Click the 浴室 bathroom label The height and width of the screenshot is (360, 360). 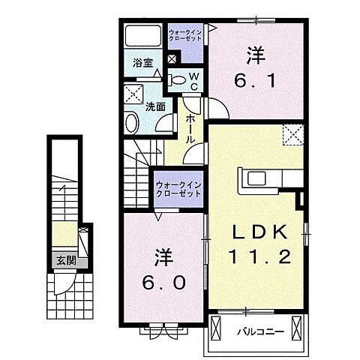142,63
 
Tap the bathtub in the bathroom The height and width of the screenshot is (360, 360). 143,36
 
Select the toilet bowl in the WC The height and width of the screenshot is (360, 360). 177,80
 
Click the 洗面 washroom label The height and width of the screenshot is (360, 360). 155,107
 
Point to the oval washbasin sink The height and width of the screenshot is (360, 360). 132,123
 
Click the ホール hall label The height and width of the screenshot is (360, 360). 190,129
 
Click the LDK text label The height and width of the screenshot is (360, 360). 259,232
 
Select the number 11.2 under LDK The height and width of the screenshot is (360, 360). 260,256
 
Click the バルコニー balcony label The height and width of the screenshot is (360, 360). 261,332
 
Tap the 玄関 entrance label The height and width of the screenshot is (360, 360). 66,261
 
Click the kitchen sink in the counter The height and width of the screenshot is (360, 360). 256,178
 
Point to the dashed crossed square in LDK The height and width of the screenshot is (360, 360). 293,135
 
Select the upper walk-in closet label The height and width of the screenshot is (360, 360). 185,35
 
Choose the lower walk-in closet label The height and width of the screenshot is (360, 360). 178,190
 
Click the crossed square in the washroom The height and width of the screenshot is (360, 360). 133,94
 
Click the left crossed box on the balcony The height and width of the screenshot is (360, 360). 216,328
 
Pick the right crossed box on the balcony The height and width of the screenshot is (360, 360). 297,328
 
